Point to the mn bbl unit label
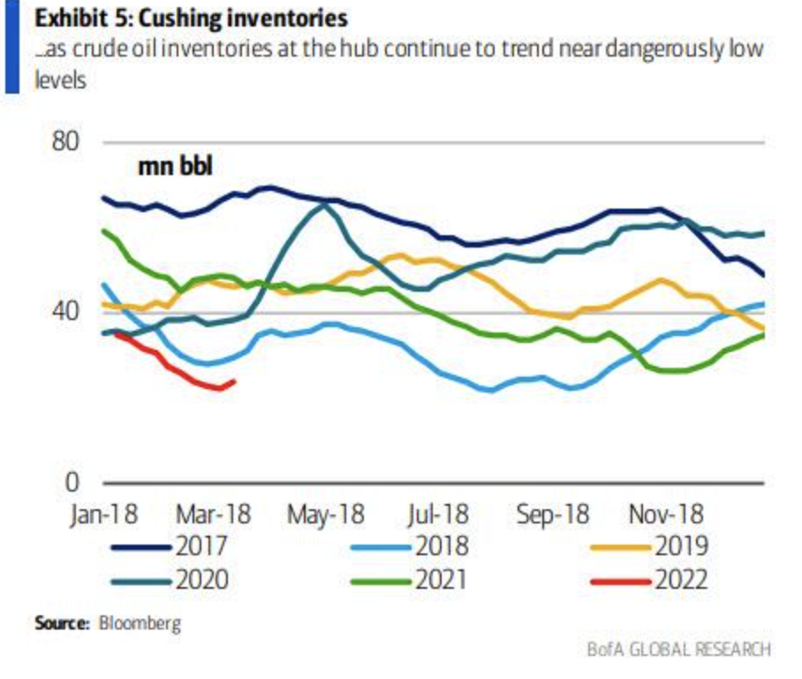tap(176, 166)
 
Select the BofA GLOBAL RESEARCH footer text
tap(678, 650)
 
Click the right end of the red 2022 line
tap(233, 382)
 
